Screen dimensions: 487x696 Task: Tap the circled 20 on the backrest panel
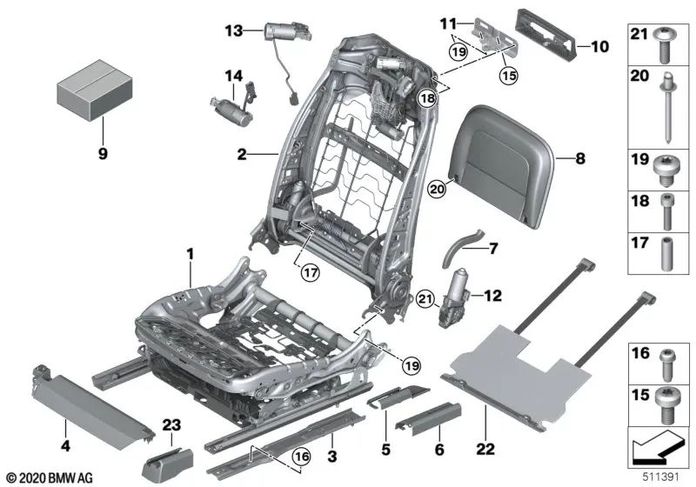coord(438,185)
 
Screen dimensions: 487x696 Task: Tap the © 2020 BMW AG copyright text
coord(49,477)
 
